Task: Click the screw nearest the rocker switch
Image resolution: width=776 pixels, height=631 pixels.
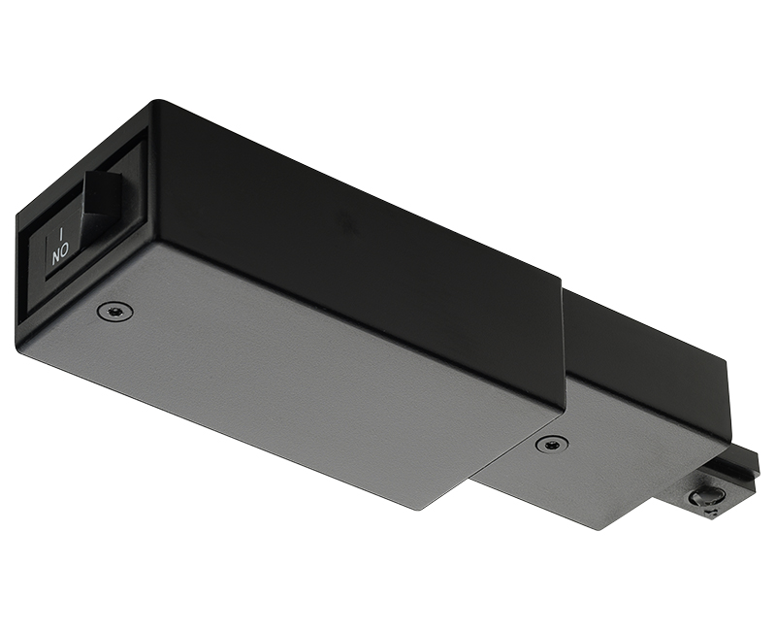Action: click(115, 311)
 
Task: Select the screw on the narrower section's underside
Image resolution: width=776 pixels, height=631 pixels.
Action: click(551, 444)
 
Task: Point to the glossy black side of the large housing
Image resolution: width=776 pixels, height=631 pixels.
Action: click(369, 252)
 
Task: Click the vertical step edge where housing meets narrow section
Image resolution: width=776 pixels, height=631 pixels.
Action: click(564, 349)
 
